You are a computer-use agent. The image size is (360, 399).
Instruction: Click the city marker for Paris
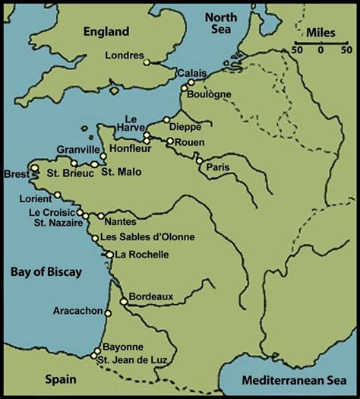(x=199, y=161)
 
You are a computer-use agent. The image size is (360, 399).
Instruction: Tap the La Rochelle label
(x=141, y=255)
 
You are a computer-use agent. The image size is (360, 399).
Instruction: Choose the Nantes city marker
(x=100, y=216)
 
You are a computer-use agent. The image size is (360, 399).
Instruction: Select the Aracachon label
(x=79, y=311)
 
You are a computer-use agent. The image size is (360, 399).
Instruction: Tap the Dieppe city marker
(x=167, y=119)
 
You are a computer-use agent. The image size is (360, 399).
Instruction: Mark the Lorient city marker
(x=57, y=195)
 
